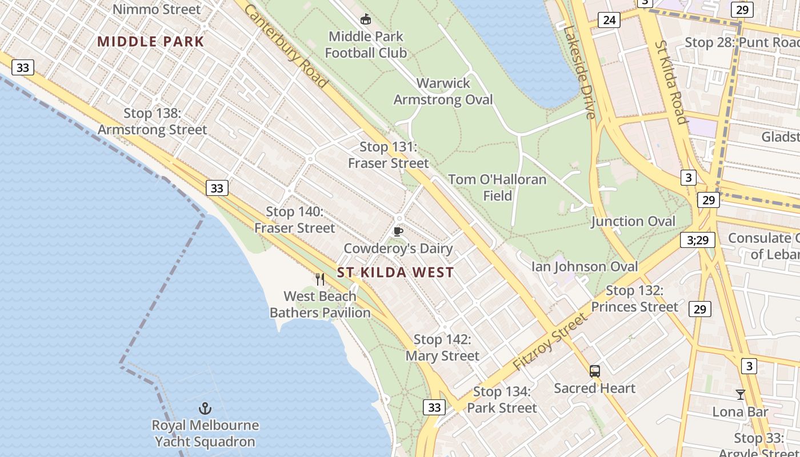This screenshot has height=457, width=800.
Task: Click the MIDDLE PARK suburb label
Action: (x=150, y=41)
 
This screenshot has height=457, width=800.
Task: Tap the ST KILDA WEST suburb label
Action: (x=395, y=272)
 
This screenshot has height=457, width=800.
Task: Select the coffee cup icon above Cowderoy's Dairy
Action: (x=398, y=231)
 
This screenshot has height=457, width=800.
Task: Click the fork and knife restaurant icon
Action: (x=320, y=279)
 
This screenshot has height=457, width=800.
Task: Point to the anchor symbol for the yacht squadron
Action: (x=205, y=408)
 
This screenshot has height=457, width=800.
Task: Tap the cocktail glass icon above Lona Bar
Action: (x=740, y=395)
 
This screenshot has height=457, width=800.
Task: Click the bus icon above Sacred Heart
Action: (x=595, y=371)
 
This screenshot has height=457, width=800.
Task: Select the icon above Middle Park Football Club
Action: (x=366, y=19)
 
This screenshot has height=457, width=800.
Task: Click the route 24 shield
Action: (x=609, y=21)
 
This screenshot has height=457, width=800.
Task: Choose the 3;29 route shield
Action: (x=698, y=240)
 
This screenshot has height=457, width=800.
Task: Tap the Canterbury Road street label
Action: (x=287, y=46)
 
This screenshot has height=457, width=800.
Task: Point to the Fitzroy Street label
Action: (x=550, y=342)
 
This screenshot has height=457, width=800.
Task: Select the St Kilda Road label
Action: (x=670, y=82)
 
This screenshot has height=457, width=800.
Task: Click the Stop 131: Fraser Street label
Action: (x=388, y=155)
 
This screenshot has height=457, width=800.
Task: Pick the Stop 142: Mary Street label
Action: (x=442, y=348)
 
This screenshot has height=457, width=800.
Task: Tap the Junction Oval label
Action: (x=633, y=221)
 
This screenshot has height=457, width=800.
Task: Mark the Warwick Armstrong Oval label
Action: (x=443, y=91)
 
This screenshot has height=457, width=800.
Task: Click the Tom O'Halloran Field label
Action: (x=497, y=187)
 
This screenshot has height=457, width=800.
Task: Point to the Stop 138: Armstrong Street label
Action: (x=153, y=122)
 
